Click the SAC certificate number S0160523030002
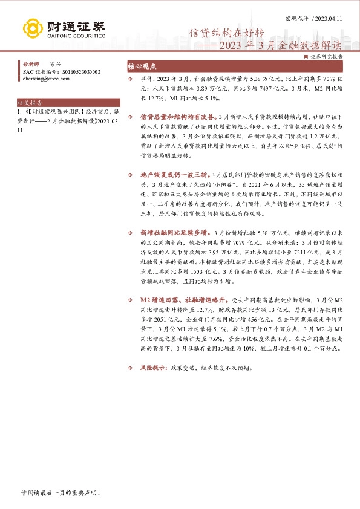(x=78, y=71)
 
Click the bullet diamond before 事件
(x=131, y=79)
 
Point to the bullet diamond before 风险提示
(x=131, y=367)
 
